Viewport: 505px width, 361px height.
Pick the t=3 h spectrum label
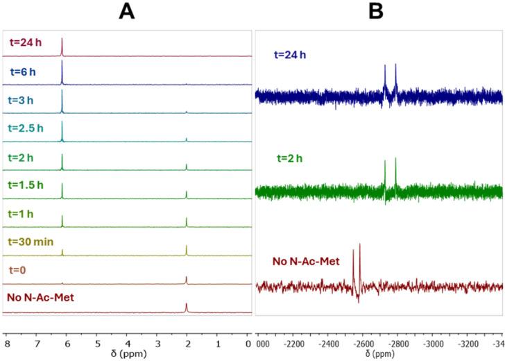click(x=27, y=100)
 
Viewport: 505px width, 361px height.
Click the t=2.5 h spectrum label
click(x=32, y=128)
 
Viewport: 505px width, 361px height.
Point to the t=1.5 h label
click(x=32, y=185)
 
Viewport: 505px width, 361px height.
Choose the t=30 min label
click(x=35, y=241)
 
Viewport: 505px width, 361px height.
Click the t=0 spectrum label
click(x=22, y=269)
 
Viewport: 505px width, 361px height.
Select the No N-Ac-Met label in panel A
click(x=42, y=298)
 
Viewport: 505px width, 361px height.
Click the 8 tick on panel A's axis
click(x=7, y=343)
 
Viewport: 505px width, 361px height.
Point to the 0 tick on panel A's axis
click(x=248, y=343)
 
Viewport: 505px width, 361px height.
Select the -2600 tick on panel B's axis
click(x=363, y=343)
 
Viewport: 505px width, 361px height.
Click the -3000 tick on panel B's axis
click(x=433, y=343)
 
